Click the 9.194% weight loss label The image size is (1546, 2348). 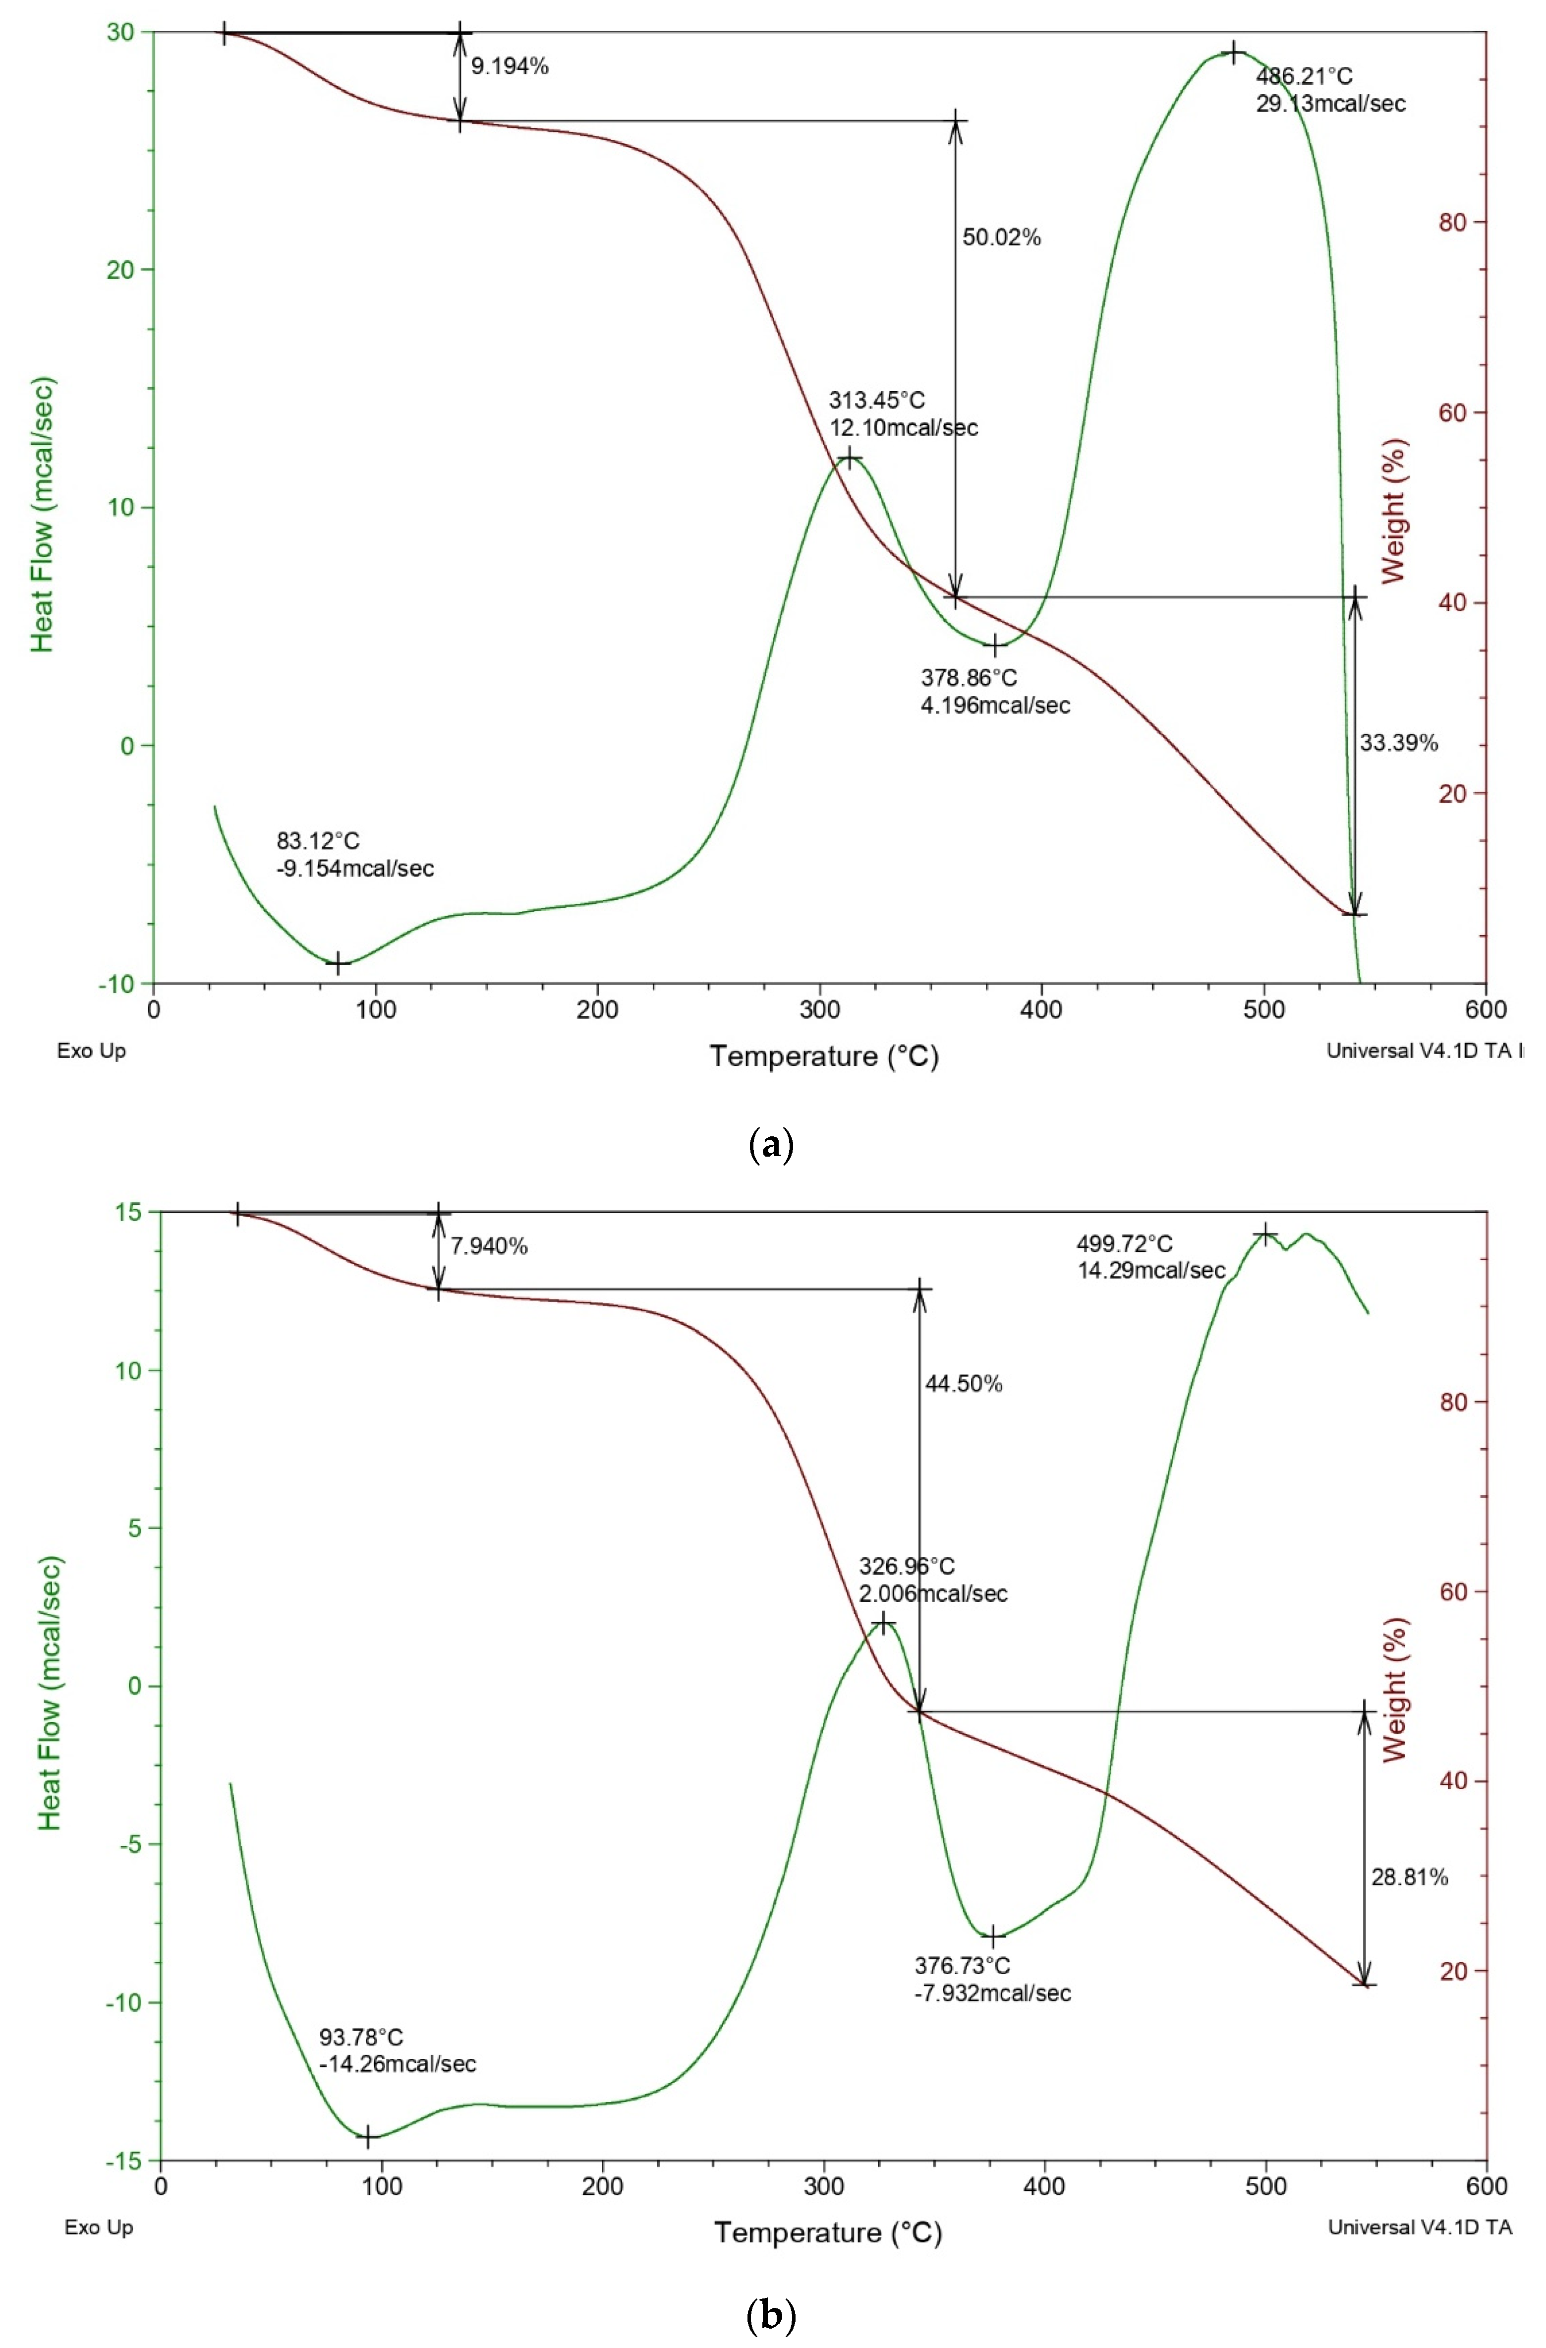click(509, 67)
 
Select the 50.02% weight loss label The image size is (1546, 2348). click(1001, 238)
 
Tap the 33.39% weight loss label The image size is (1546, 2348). click(1399, 743)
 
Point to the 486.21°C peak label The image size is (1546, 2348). click(1330, 90)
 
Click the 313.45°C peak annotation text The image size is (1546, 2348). click(903, 414)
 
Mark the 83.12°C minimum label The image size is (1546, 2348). click(355, 854)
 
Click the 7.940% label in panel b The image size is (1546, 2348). click(489, 1246)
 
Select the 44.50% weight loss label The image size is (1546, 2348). click(964, 1384)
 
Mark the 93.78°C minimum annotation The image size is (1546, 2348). click(398, 2050)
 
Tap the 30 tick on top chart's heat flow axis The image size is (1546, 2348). click(120, 33)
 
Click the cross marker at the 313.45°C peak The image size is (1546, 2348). click(849, 458)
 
